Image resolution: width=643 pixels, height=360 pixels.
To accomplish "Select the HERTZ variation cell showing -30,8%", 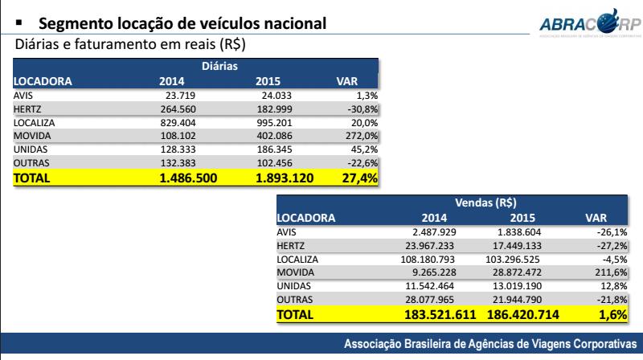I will click(362, 107).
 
